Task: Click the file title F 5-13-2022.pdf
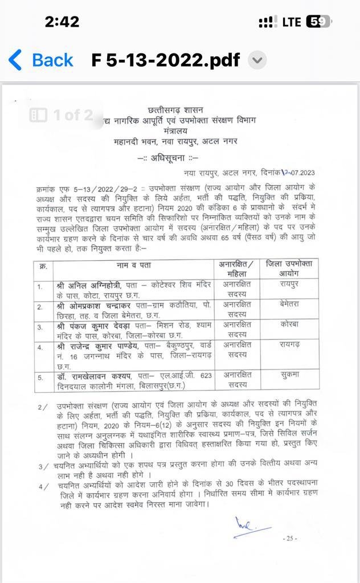coord(166,60)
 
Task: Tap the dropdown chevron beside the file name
coord(257,60)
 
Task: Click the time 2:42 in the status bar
coord(62,22)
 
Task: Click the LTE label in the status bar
coord(291,22)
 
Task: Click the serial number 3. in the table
coord(40,327)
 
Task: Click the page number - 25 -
coord(291,539)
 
